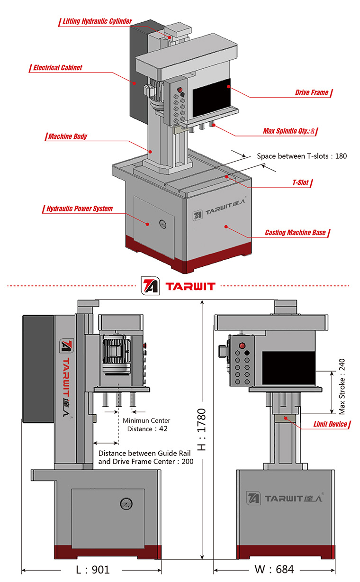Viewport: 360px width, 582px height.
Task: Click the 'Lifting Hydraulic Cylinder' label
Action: [97, 21]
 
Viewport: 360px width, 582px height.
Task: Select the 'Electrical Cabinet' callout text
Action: [57, 68]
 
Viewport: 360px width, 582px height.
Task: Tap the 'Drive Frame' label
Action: [312, 92]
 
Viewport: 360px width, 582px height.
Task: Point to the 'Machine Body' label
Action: [68, 137]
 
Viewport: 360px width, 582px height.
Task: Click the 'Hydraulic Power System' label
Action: [80, 209]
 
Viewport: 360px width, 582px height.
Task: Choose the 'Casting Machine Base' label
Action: [295, 233]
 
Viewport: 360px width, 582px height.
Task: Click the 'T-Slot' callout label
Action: [301, 182]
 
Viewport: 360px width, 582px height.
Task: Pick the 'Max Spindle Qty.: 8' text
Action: [289, 131]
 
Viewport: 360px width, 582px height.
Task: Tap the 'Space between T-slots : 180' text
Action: [302, 156]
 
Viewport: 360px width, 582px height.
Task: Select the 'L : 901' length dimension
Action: [93, 569]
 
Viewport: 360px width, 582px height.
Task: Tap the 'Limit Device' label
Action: [330, 424]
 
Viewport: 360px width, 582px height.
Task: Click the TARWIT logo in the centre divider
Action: [179, 286]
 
